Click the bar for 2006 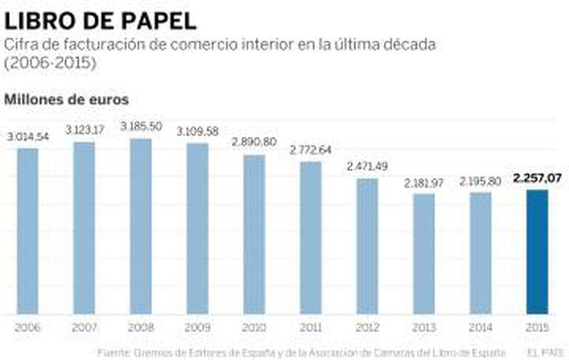(27, 230)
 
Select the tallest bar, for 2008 (141, 226)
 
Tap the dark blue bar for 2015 (537, 252)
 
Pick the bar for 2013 (424, 253)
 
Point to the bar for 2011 (310, 237)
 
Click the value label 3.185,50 (142, 127)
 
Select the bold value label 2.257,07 (537, 178)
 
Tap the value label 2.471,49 (367, 166)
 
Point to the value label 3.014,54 (28, 136)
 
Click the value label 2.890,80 (254, 142)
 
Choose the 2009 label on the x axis (197, 327)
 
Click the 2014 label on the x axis (480, 327)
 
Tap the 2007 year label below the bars (84, 327)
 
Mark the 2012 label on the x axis (367, 327)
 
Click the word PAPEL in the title (156, 20)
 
